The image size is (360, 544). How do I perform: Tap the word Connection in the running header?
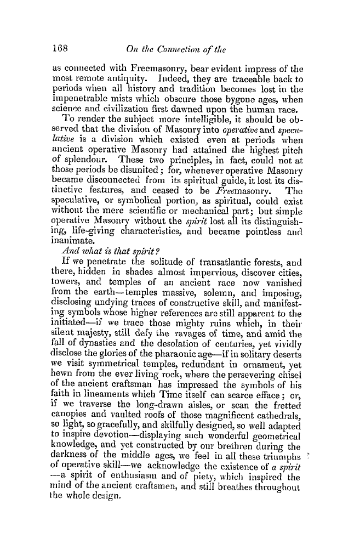tap(172, 46)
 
